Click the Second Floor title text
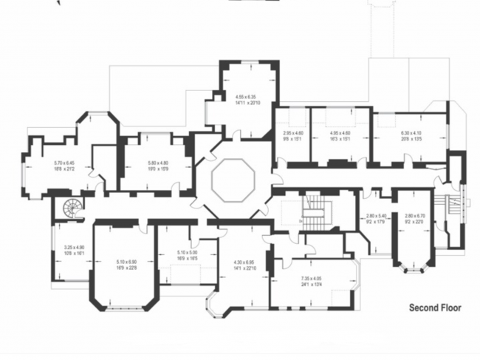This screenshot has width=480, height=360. click(x=436, y=308)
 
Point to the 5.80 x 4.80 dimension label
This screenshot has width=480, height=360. click(x=158, y=166)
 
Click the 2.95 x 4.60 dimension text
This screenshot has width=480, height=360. click(x=293, y=135)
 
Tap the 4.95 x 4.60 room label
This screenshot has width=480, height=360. click(x=340, y=135)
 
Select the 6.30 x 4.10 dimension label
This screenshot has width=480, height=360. click(x=410, y=135)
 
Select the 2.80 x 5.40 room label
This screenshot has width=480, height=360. click(x=377, y=219)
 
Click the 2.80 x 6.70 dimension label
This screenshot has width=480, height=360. click(x=415, y=219)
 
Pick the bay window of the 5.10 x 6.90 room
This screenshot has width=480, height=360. click(x=122, y=304)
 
